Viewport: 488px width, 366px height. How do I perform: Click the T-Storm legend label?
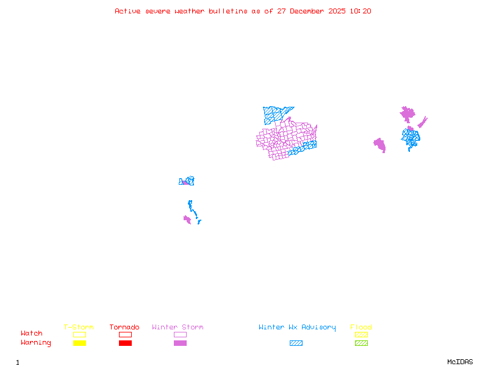pyautogui.click(x=79, y=328)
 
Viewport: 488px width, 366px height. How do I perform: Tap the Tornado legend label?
pyautogui.click(x=124, y=328)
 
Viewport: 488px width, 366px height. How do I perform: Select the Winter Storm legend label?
pyautogui.click(x=178, y=328)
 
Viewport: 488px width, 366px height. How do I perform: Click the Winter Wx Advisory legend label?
pyautogui.click(x=297, y=328)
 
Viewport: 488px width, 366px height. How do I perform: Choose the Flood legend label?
pyautogui.click(x=361, y=328)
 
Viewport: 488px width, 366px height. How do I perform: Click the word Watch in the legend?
pyautogui.click(x=32, y=334)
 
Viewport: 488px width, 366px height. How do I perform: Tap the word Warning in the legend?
pyautogui.click(x=36, y=343)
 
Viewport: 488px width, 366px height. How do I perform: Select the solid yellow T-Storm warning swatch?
pyautogui.click(x=79, y=343)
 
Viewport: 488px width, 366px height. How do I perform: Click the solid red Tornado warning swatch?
pyautogui.click(x=125, y=343)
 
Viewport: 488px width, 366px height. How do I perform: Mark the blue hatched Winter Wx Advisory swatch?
pyautogui.click(x=296, y=343)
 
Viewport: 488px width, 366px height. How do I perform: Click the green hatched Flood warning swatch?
pyautogui.click(x=361, y=343)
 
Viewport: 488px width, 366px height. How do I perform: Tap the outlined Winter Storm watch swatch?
pyautogui.click(x=180, y=334)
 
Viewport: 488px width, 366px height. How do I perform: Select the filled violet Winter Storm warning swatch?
pyautogui.click(x=180, y=343)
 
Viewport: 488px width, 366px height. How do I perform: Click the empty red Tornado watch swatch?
pyautogui.click(x=125, y=334)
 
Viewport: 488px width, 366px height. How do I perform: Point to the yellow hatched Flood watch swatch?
pyautogui.click(x=361, y=334)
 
